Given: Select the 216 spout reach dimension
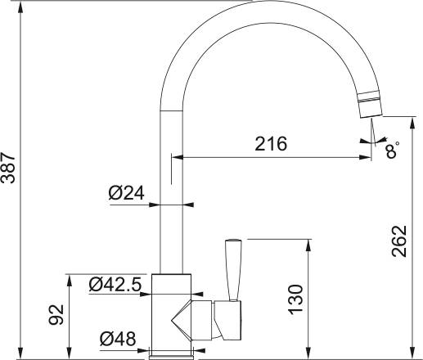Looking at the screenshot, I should pyautogui.click(x=270, y=144).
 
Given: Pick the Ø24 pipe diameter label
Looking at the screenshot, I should pyautogui.click(x=126, y=194).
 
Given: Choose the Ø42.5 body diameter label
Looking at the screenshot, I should pyautogui.click(x=115, y=285).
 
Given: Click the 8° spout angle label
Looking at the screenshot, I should pyautogui.click(x=394, y=151).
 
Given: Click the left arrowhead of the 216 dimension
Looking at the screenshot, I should pyautogui.click(x=176, y=156).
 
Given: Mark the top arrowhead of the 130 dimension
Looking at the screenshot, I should pyautogui.click(x=309, y=244).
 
